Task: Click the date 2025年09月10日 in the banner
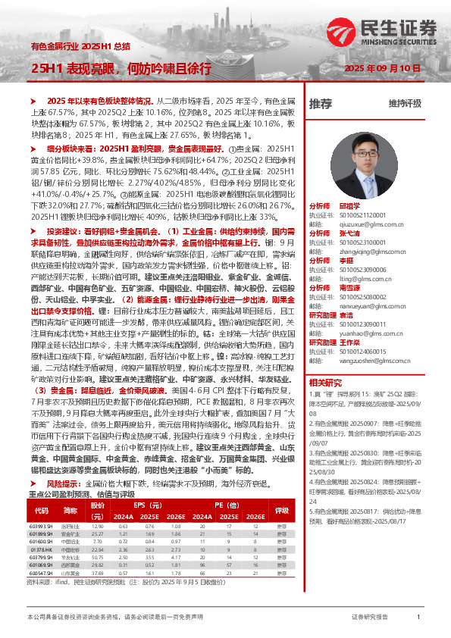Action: click(382, 68)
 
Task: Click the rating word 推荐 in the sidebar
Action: click(320, 104)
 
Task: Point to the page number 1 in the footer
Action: click(418, 618)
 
